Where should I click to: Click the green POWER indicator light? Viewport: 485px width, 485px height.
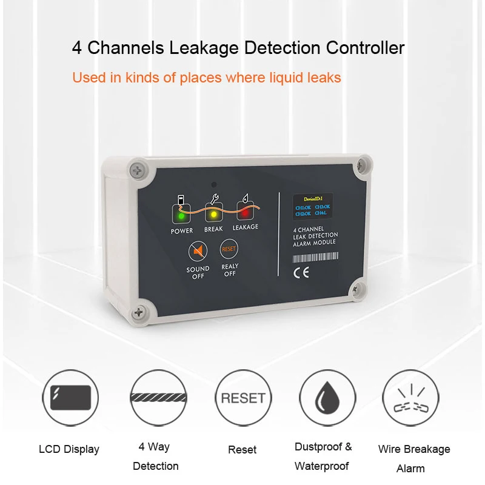pyautogui.click(x=181, y=215)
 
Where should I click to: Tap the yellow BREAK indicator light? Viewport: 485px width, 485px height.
pyautogui.click(x=213, y=214)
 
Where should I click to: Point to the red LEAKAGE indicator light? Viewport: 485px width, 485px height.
pyautogui.click(x=245, y=213)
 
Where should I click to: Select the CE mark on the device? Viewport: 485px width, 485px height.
pyautogui.click(x=301, y=273)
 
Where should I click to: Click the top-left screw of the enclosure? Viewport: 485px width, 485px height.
pyautogui.click(x=138, y=169)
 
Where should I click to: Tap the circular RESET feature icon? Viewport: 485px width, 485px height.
pyautogui.click(x=243, y=398)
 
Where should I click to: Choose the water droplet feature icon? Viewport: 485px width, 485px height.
pyautogui.click(x=328, y=398)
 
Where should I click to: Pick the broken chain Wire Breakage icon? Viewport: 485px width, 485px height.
pyautogui.click(x=412, y=398)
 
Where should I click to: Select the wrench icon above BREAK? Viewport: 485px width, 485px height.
pyautogui.click(x=213, y=198)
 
